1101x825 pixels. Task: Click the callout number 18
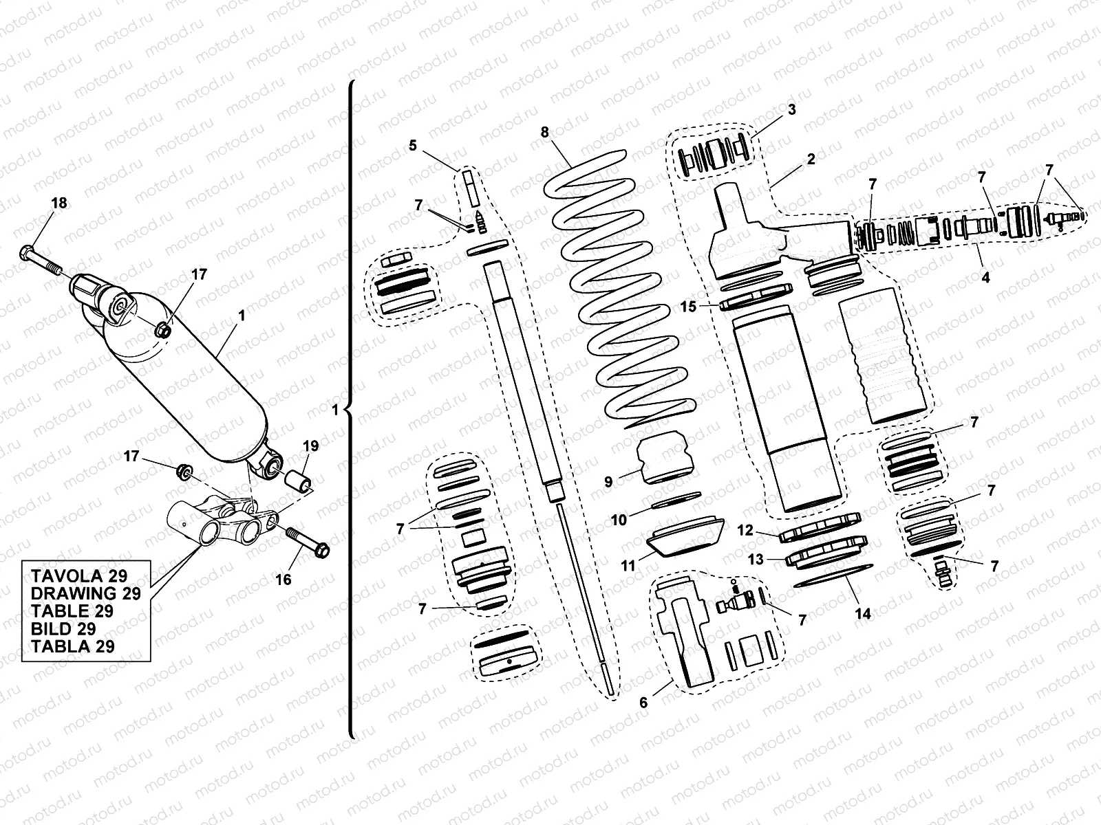59,203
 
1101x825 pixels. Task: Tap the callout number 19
310,446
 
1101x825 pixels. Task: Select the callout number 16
284,580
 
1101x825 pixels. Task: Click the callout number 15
689,307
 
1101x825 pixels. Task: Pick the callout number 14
863,614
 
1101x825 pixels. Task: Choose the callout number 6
643,703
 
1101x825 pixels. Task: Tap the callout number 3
791,109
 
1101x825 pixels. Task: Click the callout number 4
985,278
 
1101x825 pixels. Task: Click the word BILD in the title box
49,629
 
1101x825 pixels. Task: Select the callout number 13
756,560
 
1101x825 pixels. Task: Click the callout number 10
619,520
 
